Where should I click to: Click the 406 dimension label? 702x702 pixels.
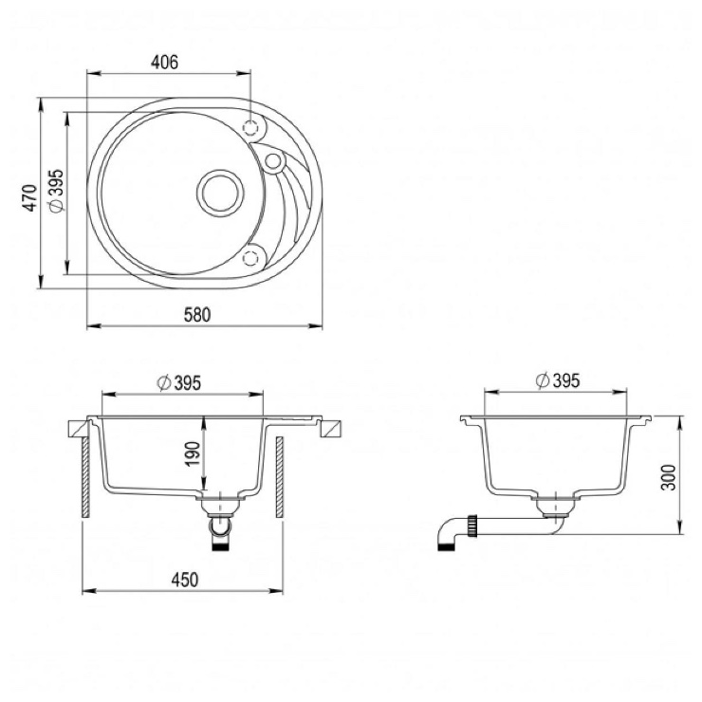164,63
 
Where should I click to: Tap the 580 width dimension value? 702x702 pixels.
197,315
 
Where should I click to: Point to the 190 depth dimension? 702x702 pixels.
193,453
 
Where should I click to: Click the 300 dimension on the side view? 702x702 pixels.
668,477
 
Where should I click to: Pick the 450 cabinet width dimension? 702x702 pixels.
184,580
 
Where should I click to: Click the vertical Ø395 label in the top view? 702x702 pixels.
57,192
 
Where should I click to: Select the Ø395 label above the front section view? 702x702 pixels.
179,383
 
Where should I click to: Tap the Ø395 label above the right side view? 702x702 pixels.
558,380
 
